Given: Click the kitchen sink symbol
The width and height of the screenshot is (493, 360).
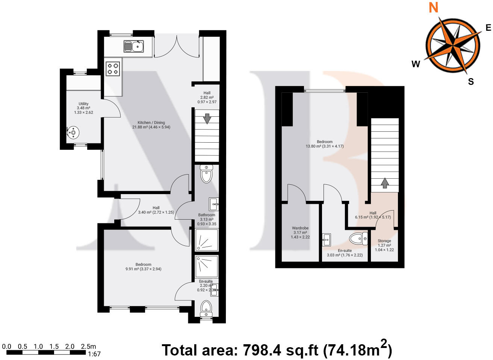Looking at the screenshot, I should [134, 46].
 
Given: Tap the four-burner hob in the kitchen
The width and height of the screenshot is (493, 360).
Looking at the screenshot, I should [113, 69].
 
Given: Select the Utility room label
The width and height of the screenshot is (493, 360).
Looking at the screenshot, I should [83, 108].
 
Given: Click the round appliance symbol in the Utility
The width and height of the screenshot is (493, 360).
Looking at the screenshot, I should [73, 132].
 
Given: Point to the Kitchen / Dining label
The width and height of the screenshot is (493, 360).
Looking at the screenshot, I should [151, 125].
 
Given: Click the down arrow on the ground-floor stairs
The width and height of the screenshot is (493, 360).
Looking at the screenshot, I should [207, 118].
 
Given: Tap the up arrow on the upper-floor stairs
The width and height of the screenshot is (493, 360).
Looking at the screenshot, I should [384, 183].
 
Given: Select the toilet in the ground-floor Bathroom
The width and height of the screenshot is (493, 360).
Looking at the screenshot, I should [206, 173].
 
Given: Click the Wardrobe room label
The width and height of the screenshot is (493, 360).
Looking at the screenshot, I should [300, 232].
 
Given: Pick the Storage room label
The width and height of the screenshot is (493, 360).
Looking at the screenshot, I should [384, 245].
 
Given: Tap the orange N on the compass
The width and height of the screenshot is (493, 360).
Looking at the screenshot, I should [434, 8].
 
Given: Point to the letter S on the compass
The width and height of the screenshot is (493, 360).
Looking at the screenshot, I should [471, 81].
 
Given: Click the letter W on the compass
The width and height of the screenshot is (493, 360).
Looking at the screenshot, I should [416, 64].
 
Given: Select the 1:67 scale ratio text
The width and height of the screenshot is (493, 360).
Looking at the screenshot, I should [94, 354].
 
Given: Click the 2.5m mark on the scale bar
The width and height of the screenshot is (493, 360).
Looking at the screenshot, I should [88, 346].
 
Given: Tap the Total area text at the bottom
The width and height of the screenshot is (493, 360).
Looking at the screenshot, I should [277, 350].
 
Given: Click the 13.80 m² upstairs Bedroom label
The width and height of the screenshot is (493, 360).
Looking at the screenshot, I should [325, 144].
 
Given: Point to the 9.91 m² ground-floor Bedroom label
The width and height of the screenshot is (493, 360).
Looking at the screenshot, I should [144, 267].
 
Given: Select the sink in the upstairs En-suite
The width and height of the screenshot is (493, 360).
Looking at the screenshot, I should [327, 239].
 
